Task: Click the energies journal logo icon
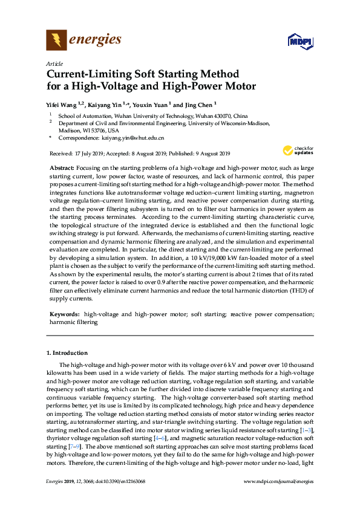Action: coord(56,41)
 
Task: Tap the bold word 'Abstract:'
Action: coord(62,166)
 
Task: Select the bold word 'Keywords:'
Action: coord(64,314)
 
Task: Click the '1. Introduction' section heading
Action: coord(67,352)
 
